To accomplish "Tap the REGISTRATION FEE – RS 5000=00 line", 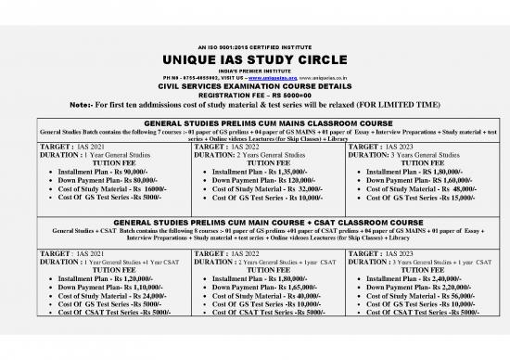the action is point(254,95).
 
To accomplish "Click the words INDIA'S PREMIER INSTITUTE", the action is point(254,71).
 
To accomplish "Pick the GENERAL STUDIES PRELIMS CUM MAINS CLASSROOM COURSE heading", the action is point(254,122).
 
